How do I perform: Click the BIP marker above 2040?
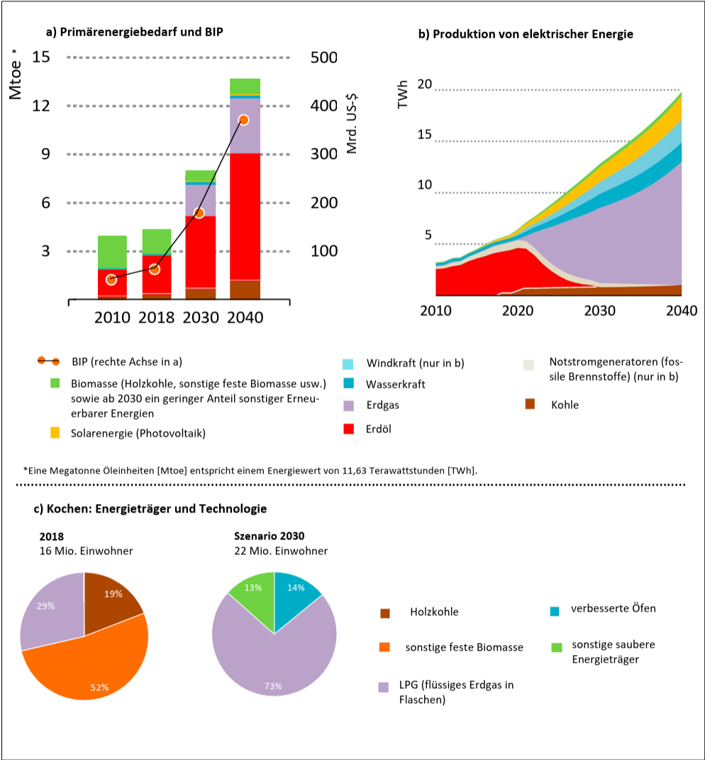coord(243,120)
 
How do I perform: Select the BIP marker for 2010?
coord(111,279)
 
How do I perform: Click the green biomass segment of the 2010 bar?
coord(112,252)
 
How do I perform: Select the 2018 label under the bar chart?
coord(156,317)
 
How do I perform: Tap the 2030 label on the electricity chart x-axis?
coord(599,311)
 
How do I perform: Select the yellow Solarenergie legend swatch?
coord(55,432)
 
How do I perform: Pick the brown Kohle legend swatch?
coord(529,404)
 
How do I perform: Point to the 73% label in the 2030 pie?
coord(273,686)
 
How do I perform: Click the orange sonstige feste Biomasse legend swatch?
coord(384,647)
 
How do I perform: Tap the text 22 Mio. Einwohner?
coord(281,551)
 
